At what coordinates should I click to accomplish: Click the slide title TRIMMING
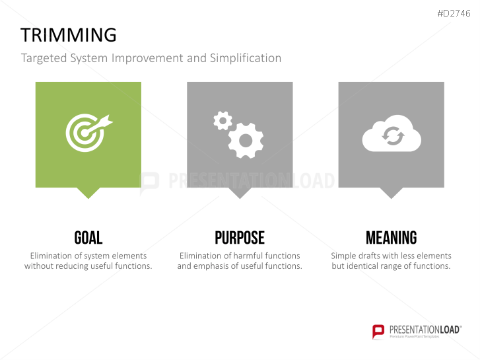[69, 34]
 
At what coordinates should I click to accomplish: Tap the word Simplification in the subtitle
[246, 58]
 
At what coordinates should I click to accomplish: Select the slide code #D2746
[454, 13]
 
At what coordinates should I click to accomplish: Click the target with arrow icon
[89, 133]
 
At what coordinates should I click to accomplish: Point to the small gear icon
[223, 121]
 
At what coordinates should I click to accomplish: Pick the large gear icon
[246, 141]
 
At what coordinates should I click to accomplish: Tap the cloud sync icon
[392, 133]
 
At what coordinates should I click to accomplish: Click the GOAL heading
[88, 238]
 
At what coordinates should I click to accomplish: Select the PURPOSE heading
[240, 238]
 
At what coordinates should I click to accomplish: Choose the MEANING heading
[392, 238]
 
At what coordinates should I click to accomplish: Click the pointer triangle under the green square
[88, 192]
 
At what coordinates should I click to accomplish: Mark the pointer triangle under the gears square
[240, 192]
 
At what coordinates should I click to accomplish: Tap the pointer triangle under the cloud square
[392, 192]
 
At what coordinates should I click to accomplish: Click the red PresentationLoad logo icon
[378, 332]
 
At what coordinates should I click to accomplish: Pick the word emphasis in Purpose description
[211, 266]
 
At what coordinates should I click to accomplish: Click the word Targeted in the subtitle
[44, 58]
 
